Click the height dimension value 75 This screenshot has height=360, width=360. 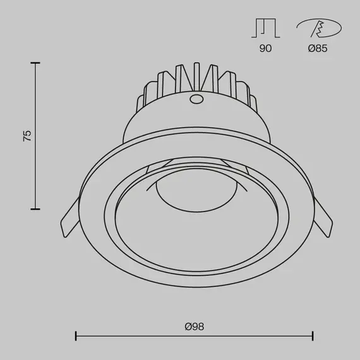27,136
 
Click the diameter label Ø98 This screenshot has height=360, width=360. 195,327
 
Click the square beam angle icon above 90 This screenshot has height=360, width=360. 265,28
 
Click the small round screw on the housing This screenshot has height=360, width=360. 196,99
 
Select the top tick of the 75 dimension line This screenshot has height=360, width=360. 35,63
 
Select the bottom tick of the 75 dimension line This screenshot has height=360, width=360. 35,209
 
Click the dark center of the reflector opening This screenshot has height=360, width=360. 196,234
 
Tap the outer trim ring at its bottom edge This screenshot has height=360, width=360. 196,294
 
